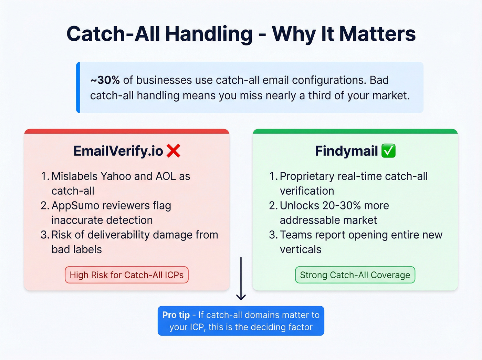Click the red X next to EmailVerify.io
click(x=174, y=151)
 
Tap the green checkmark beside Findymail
click(x=388, y=151)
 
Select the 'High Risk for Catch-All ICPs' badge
click(x=127, y=275)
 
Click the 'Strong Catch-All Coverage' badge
click(x=355, y=275)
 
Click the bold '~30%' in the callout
click(x=105, y=80)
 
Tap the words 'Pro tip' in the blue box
click(x=176, y=315)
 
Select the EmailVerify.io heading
click(x=118, y=151)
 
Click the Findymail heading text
click(x=346, y=151)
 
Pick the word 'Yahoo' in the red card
click(x=116, y=176)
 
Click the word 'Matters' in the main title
click(x=377, y=34)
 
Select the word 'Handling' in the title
click(x=209, y=34)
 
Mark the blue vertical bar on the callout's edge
click(x=78, y=88)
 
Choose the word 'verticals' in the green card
click(x=300, y=249)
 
